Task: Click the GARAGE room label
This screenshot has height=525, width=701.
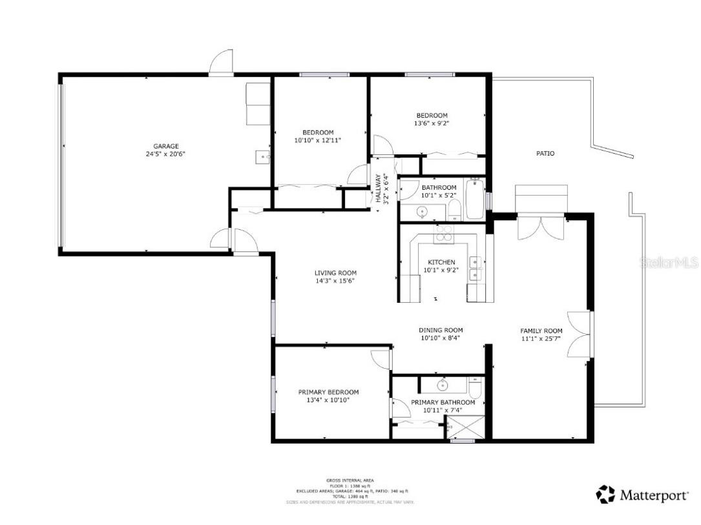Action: click(x=166, y=146)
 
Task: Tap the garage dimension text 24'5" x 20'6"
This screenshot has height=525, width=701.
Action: click(x=166, y=154)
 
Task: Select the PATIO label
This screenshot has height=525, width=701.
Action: click(x=545, y=154)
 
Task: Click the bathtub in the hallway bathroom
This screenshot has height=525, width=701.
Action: click(x=474, y=199)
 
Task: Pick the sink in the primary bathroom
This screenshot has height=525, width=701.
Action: click(x=443, y=386)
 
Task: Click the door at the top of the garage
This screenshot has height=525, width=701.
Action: click(x=222, y=64)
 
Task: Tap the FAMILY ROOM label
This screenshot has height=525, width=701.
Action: click(x=541, y=331)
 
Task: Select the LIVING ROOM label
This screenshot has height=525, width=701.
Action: click(x=335, y=273)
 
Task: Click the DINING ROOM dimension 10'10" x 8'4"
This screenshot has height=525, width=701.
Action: click(x=441, y=338)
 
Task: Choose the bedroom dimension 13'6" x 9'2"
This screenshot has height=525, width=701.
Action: click(x=431, y=123)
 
